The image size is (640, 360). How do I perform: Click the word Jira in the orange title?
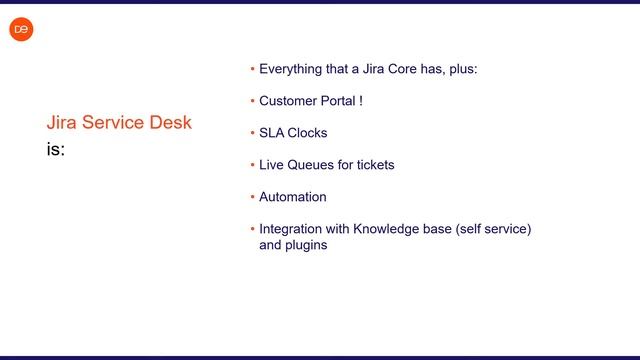(x=62, y=123)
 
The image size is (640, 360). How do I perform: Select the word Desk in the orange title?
(x=171, y=123)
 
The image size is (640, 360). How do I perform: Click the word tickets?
(x=374, y=165)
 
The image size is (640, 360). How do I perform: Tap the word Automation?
(x=293, y=197)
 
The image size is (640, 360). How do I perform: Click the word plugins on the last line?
(x=306, y=245)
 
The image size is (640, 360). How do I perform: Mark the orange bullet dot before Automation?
(x=252, y=197)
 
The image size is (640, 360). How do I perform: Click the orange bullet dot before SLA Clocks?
(x=252, y=133)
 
